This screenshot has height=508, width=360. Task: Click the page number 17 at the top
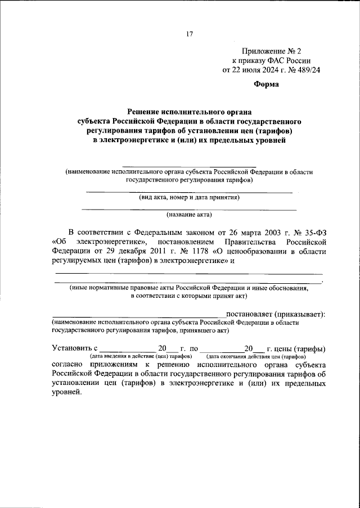click(190, 34)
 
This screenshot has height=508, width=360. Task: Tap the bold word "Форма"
click(267, 85)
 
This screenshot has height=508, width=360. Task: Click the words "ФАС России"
click(286, 60)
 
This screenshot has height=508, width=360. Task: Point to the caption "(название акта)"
click(190, 214)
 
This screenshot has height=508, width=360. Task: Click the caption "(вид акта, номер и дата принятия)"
click(190, 197)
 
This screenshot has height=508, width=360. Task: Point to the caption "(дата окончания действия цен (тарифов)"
click(256, 357)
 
